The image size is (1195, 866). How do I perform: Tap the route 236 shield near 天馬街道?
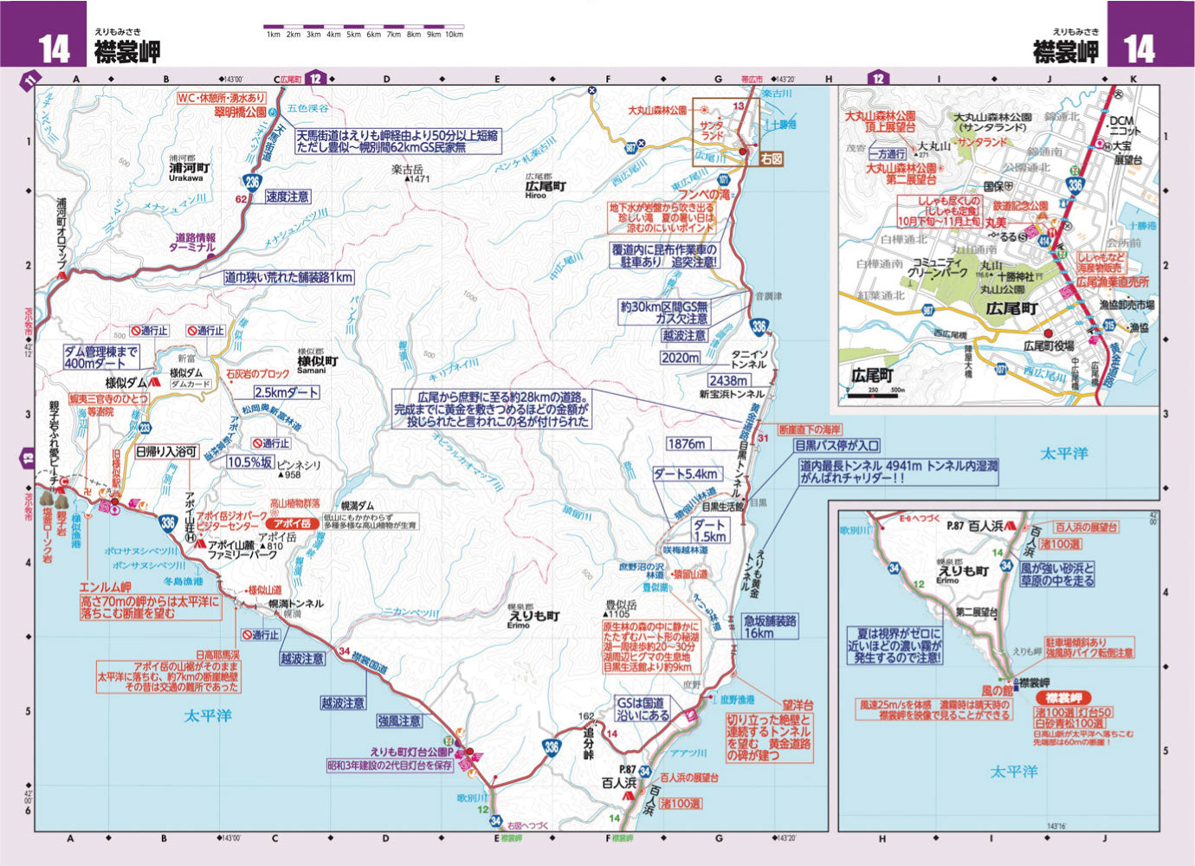[x=251, y=181]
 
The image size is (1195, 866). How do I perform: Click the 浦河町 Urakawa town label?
[x=189, y=171]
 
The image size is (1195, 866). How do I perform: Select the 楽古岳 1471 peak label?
[x=409, y=174]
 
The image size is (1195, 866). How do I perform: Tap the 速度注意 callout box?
[x=287, y=197]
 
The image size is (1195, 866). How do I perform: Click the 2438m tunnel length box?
[x=728, y=380]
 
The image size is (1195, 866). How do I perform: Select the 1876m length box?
[x=686, y=443]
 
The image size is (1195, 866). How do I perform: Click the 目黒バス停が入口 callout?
[x=837, y=446]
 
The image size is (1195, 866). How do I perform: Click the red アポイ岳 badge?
[x=292, y=524]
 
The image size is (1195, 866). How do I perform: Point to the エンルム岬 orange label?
[x=105, y=588]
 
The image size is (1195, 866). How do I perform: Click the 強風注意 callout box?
[x=399, y=721]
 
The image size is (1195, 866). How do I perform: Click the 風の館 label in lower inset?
[x=996, y=691]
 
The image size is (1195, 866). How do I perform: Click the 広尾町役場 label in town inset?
[x=1048, y=346]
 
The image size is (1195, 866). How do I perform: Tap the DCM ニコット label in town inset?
[x=1122, y=126]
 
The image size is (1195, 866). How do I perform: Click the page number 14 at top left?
[x=54, y=48]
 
